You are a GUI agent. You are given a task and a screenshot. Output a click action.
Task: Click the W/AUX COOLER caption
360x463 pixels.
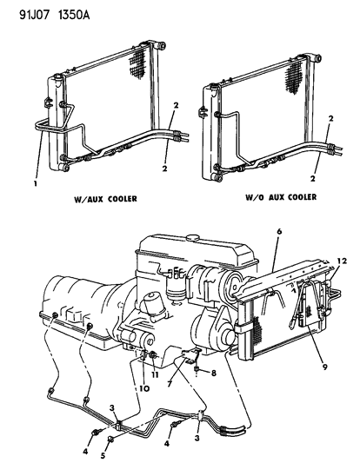pos(103,222)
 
